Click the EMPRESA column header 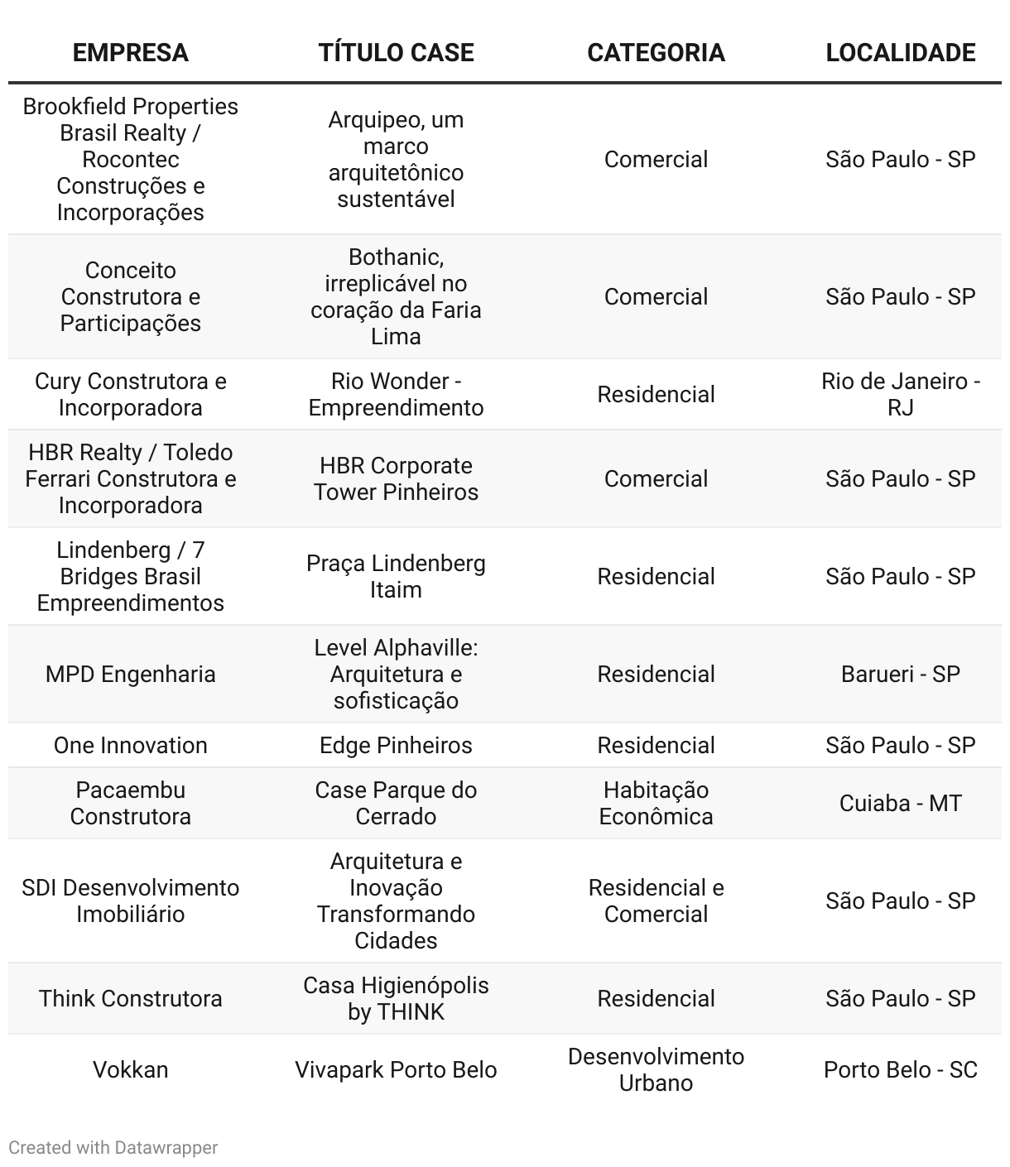(x=130, y=53)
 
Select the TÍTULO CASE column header (x=396, y=53)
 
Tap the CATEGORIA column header (x=656, y=53)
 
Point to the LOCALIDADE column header (x=900, y=53)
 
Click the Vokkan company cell (x=130, y=1069)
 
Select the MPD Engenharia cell (x=130, y=674)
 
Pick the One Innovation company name (x=130, y=745)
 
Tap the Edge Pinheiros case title (x=396, y=745)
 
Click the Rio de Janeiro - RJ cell (x=900, y=394)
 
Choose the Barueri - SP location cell (x=900, y=674)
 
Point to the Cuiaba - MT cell (x=900, y=803)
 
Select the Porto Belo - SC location (x=900, y=1069)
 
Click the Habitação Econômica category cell (x=656, y=803)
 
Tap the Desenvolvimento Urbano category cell (x=656, y=1069)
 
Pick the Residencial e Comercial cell (x=656, y=900)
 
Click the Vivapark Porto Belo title (x=396, y=1069)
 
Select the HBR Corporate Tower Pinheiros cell (x=396, y=478)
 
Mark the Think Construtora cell (x=130, y=998)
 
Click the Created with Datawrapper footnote (x=113, y=1148)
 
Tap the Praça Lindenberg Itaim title (x=396, y=576)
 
